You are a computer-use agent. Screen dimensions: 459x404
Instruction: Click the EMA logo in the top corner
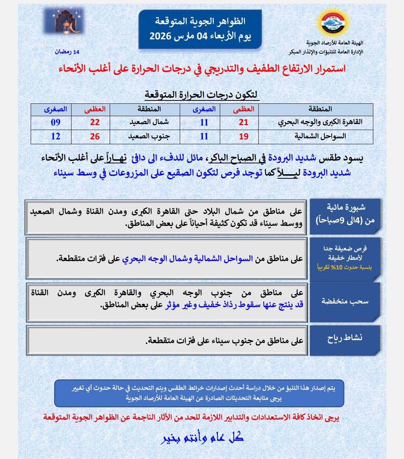[x=332, y=25]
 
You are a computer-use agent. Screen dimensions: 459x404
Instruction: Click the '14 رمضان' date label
[x=67, y=52]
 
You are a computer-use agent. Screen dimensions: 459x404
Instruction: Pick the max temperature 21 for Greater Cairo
[x=243, y=122]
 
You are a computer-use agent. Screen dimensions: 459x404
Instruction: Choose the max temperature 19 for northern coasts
[x=243, y=136]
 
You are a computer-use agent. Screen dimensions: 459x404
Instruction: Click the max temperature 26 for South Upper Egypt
[x=95, y=136]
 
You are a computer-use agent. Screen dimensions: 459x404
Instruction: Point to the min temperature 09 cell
[x=55, y=122]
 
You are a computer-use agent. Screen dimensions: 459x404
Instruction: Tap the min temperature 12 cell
[x=55, y=136]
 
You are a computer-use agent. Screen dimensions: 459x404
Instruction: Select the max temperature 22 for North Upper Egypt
[x=95, y=122]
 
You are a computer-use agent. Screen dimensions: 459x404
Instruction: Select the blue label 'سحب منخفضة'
[x=345, y=301]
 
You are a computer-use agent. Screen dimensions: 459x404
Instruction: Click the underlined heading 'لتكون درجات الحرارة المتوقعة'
[x=202, y=94]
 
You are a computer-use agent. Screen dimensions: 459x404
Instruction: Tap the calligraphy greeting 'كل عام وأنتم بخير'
[x=202, y=437]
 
